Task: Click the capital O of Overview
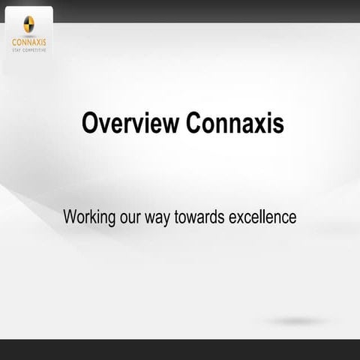pos(90,124)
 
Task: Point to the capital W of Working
pos(70,217)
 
